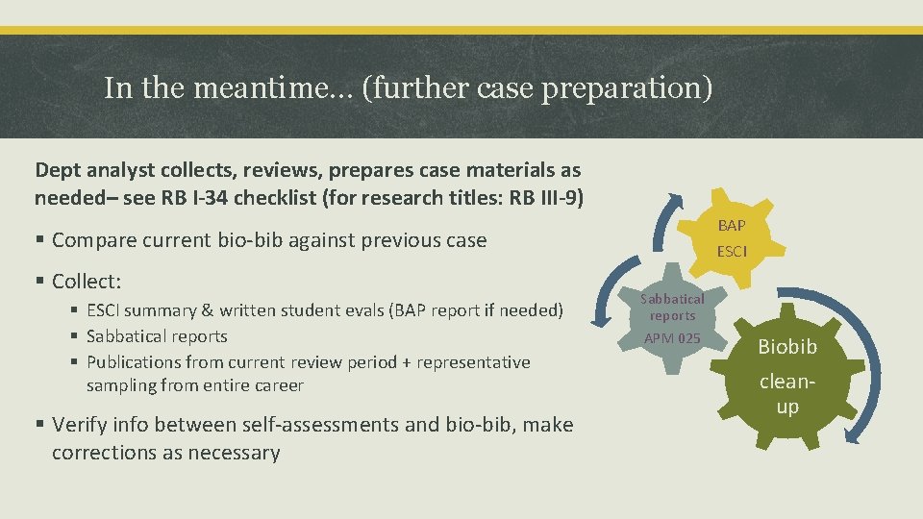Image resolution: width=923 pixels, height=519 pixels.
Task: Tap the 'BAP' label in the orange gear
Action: (x=732, y=226)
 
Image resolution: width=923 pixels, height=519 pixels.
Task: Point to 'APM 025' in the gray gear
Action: (x=672, y=338)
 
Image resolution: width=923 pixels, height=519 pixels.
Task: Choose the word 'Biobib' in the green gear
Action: (x=786, y=346)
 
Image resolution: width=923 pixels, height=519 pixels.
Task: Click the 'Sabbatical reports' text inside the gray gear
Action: (x=672, y=307)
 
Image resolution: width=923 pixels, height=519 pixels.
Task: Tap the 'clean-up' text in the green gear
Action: (x=786, y=393)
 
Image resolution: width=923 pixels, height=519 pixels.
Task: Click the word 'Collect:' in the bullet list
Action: (x=87, y=282)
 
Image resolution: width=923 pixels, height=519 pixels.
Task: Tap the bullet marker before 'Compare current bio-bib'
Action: (x=40, y=240)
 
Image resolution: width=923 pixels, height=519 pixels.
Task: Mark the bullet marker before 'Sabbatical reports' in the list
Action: (x=74, y=336)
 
